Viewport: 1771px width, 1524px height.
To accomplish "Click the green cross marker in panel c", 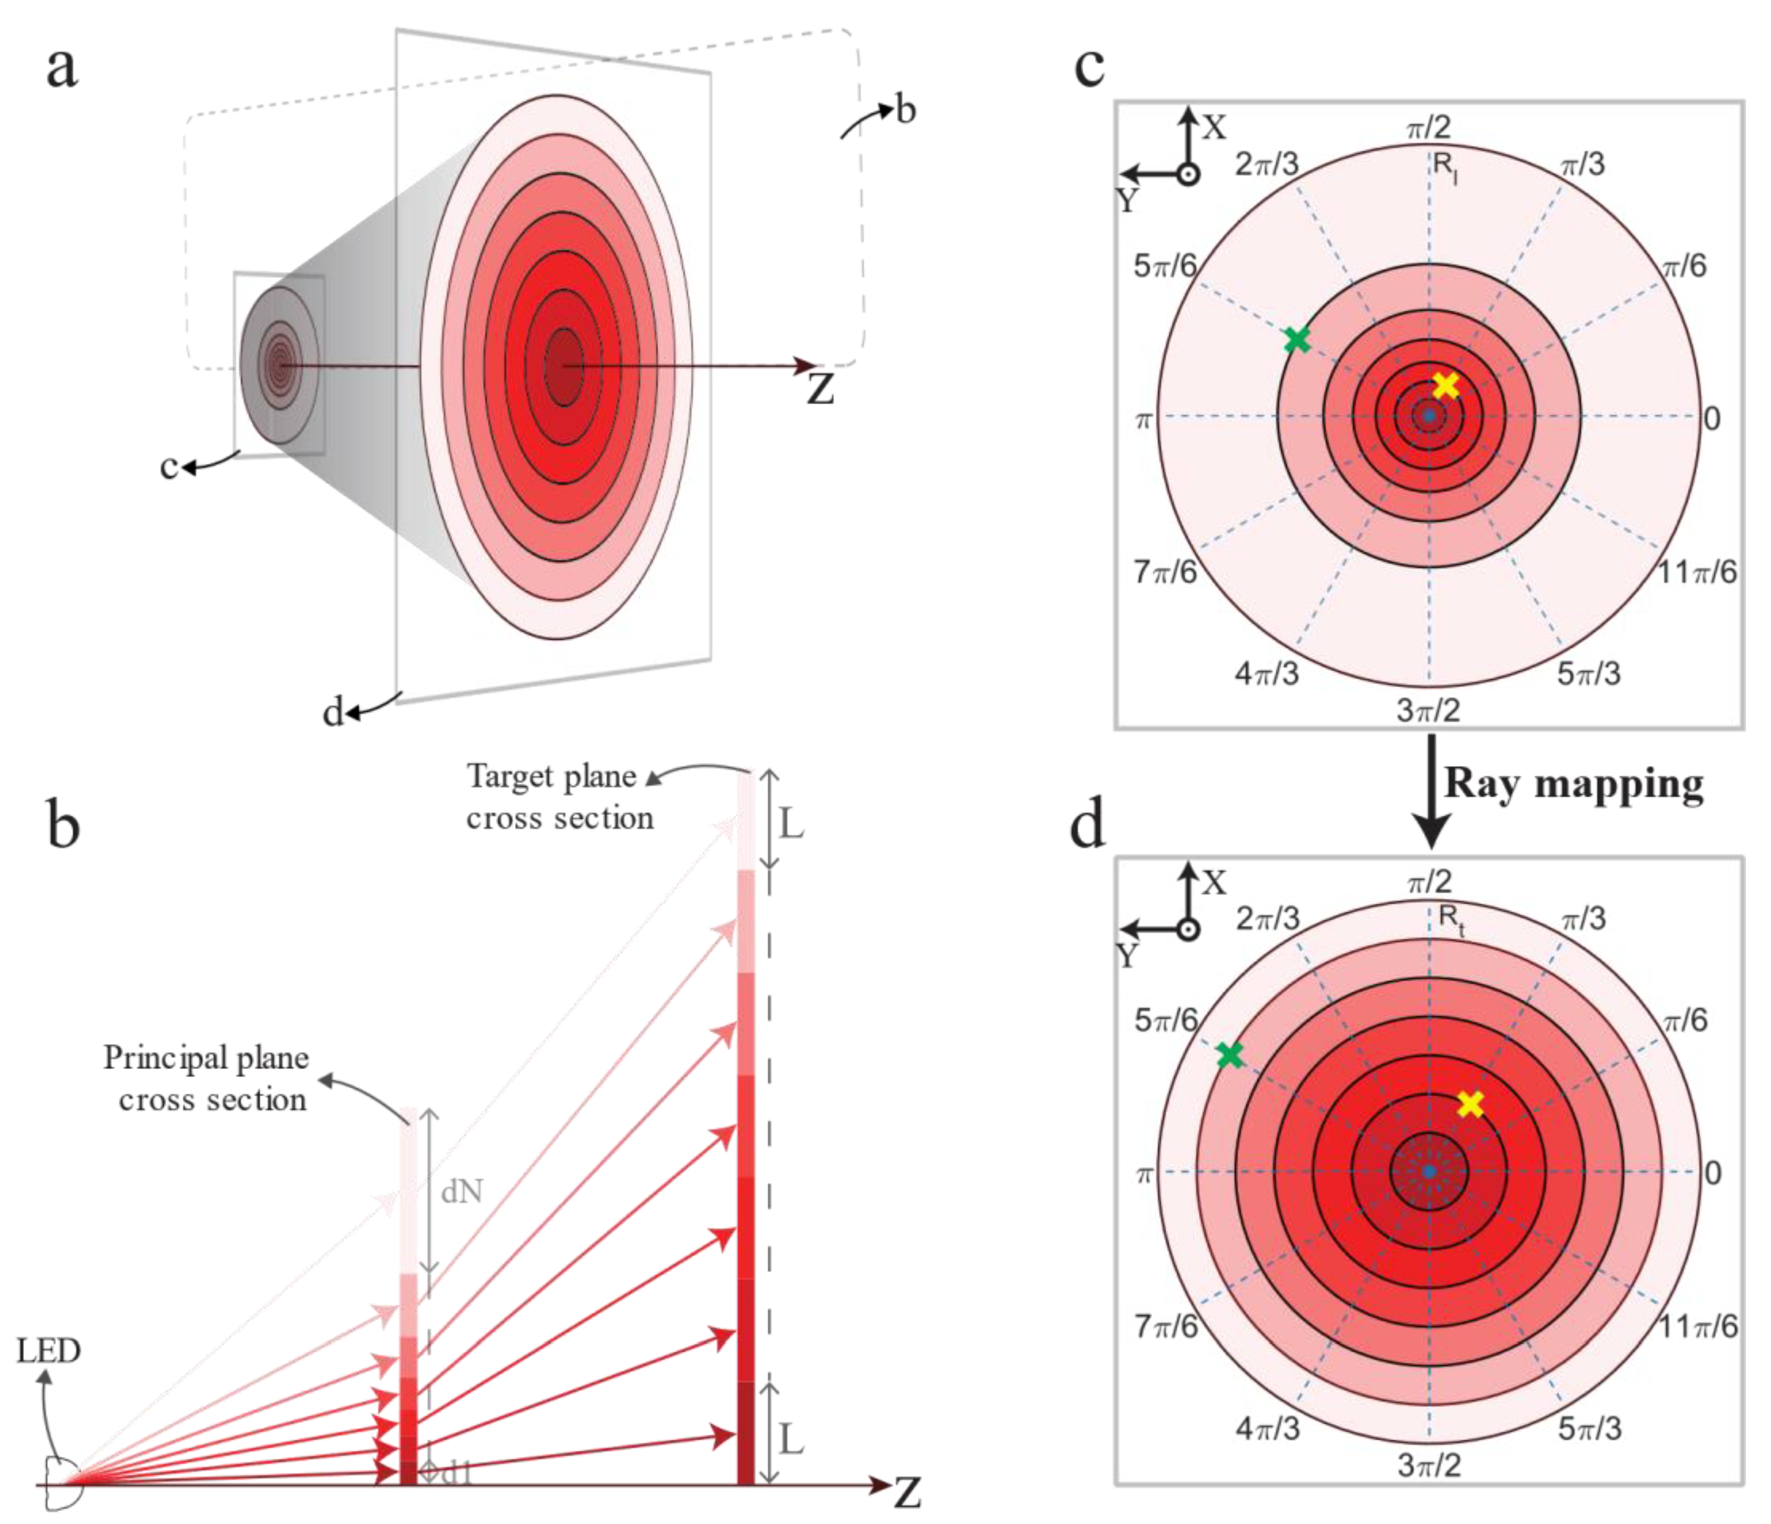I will coord(1297,339).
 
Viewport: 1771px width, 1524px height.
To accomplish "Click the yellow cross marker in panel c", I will coord(1445,386).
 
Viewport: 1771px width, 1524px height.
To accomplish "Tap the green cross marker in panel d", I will coord(1229,1055).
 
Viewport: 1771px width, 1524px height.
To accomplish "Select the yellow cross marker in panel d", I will coord(1470,1104).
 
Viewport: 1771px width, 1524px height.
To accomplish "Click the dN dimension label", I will coord(462,1191).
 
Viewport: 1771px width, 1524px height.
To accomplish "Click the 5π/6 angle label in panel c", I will coord(1164,266).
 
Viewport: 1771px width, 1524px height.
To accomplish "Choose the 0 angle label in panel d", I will coord(1712,1173).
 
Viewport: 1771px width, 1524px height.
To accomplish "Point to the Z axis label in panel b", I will coord(907,1493).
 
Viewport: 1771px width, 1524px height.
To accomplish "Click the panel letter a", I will coord(62,68).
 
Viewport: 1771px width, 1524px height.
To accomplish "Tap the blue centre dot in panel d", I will coord(1428,1172).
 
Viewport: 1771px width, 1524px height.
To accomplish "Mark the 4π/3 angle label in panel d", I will coord(1267,1428).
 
